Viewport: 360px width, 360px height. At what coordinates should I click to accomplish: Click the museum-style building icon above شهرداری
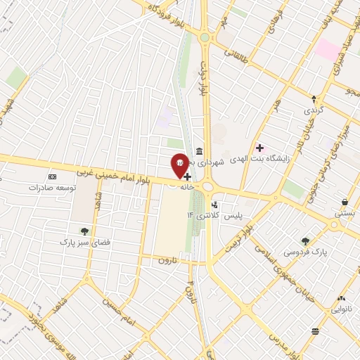200,151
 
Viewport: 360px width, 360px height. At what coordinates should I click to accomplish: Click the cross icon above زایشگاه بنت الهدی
260,148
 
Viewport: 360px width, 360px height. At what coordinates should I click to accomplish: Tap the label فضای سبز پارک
84,242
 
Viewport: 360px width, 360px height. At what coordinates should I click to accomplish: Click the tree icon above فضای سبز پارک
84,231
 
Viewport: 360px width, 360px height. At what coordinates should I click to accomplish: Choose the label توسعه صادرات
51,188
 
